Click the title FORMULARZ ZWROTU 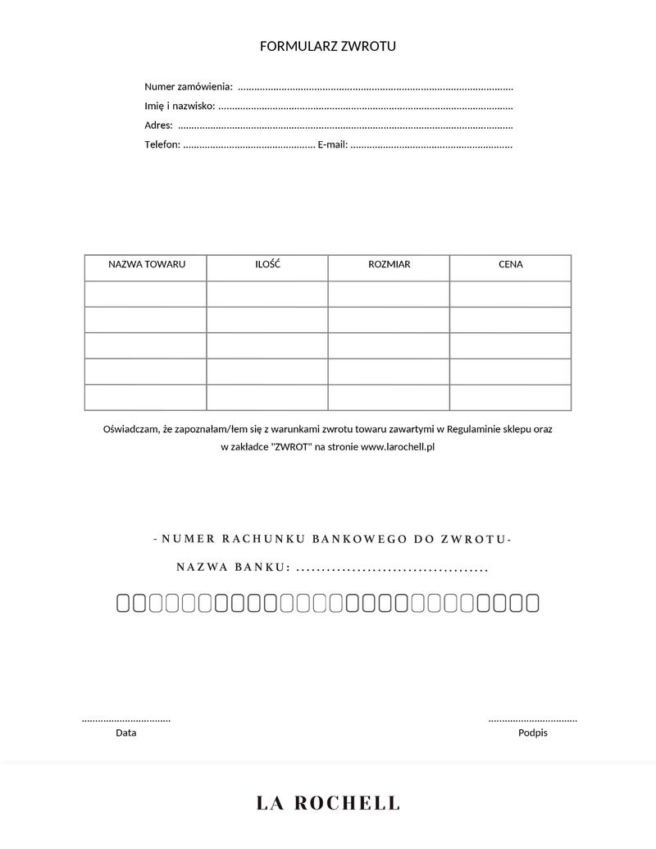328,46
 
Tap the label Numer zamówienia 189,86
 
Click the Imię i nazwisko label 180,106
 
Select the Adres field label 158,126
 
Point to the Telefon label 162,145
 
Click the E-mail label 332,145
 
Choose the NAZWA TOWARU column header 147,264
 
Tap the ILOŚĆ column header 267,264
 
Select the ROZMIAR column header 389,264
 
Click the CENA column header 510,264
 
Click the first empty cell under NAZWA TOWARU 146,294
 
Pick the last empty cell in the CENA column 510,397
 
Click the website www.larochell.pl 397,447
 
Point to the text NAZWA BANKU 233,568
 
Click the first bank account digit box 124,604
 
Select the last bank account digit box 532,604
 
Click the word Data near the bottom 126,733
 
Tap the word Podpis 532,733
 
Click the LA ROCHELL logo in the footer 328,803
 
